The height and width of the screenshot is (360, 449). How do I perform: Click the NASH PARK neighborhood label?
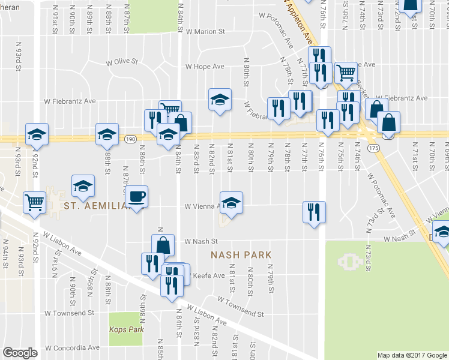pos(241,255)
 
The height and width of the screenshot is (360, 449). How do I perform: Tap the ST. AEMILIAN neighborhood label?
pos(97,206)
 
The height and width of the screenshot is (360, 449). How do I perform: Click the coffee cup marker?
pos(136,196)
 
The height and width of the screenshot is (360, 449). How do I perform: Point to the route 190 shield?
pos(130,139)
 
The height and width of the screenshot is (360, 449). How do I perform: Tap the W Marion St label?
pos(205,31)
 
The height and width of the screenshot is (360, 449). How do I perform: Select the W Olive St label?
pos(122,61)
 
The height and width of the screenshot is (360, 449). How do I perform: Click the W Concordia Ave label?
pos(72,347)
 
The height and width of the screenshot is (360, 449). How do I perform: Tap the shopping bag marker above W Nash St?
pos(163,244)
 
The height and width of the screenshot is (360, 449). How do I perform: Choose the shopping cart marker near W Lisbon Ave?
pos(35,202)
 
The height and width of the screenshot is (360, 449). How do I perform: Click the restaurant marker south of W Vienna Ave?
pos(314,212)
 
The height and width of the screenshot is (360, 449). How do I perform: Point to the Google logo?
pos(20,353)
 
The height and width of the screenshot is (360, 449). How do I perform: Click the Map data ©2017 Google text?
pos(412,355)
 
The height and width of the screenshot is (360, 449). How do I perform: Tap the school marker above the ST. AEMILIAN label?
pos(83,186)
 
